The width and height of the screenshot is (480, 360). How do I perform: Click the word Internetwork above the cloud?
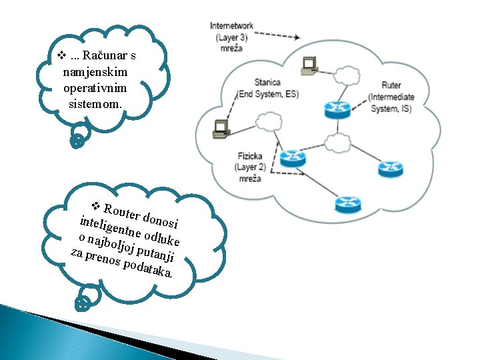[231, 26]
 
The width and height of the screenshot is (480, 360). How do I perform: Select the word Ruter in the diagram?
[391, 85]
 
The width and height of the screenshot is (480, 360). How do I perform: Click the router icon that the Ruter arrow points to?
[337, 109]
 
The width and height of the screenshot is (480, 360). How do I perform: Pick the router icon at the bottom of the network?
[347, 202]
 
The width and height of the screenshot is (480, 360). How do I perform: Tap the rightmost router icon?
[390, 169]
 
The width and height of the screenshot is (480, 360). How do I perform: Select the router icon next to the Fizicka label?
[291, 158]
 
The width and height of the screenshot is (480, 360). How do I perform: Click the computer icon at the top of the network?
[309, 63]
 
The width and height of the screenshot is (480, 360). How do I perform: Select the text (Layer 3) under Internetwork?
[231, 37]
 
